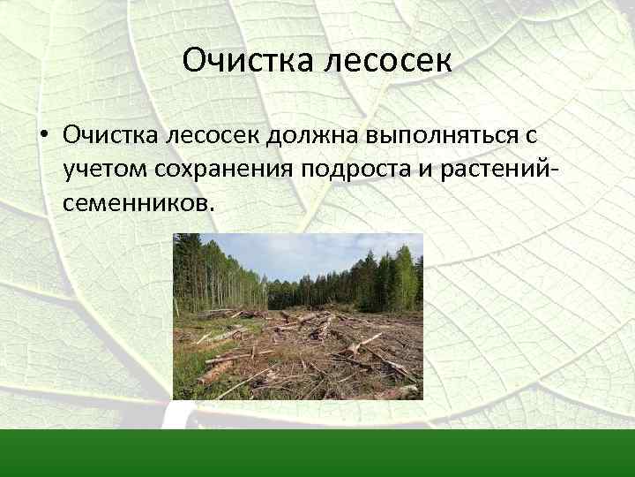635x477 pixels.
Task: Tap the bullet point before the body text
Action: click(41, 135)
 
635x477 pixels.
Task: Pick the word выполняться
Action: click(443, 136)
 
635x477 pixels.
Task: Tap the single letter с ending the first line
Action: click(532, 135)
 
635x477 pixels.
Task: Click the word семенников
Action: click(138, 203)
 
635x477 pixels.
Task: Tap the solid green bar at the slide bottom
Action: click(317, 452)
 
